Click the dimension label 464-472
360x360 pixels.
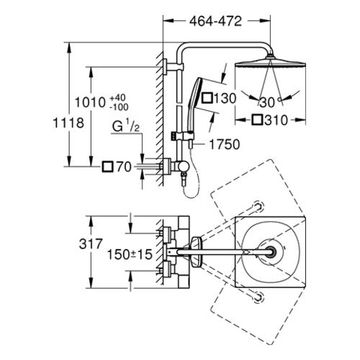(215, 22)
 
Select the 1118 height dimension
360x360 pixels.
(68, 123)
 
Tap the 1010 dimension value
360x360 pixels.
(90, 102)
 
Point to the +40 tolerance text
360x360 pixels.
(117, 98)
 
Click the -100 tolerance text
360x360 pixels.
(119, 107)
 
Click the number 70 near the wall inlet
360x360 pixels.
(124, 167)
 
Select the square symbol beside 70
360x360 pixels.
(107, 166)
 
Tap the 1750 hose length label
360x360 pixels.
(225, 144)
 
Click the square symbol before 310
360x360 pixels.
(258, 120)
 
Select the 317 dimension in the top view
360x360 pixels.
(91, 244)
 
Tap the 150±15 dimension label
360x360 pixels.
(130, 254)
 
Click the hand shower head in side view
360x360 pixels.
(195, 94)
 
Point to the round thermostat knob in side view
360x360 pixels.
(184, 166)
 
